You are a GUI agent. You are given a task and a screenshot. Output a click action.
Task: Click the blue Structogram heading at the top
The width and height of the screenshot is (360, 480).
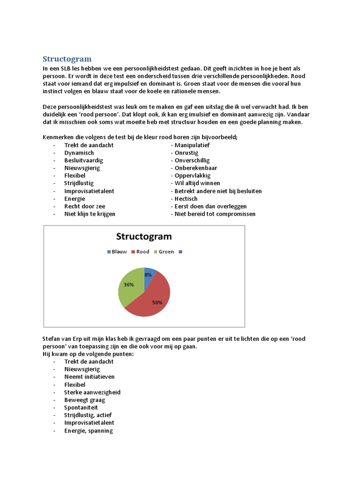click(x=67, y=59)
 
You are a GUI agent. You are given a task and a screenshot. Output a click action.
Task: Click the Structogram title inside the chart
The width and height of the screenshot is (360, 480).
click(x=144, y=236)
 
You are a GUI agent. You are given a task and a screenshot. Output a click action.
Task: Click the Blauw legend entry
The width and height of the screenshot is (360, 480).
click(x=117, y=252)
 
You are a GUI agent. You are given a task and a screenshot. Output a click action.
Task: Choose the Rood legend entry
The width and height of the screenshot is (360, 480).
click(x=140, y=252)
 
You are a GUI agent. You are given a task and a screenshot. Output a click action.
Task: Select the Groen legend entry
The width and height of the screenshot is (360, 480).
click(x=164, y=252)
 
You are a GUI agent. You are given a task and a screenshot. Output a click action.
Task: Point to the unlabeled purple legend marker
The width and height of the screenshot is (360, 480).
click(x=180, y=252)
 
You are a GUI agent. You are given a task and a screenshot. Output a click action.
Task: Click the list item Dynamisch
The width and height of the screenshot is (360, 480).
click(x=79, y=153)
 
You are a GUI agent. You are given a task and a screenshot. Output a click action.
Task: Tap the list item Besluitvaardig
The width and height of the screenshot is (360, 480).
click(x=83, y=160)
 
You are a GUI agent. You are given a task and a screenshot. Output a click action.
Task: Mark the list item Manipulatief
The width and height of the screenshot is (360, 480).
click(x=192, y=145)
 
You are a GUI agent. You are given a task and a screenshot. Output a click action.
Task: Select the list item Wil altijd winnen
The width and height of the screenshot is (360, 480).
click(x=197, y=183)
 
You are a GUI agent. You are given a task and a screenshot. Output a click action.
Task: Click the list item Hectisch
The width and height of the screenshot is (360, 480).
click(x=186, y=199)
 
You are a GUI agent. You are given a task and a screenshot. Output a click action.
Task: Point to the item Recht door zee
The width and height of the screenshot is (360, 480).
click(x=84, y=206)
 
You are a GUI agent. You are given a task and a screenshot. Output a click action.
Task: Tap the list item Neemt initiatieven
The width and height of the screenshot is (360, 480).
click(x=89, y=377)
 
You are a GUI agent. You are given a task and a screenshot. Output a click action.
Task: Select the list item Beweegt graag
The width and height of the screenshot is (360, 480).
click(x=84, y=400)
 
